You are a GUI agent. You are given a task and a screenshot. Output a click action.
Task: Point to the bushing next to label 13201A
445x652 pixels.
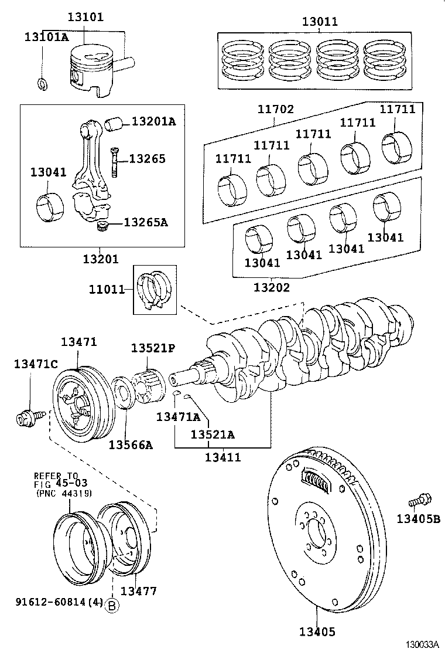pyautogui.click(x=114, y=124)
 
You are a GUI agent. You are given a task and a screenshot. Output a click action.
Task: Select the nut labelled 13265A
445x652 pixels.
pyautogui.click(x=104, y=226)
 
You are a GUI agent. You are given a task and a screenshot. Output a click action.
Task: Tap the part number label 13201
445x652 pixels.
pyautogui.click(x=100, y=259)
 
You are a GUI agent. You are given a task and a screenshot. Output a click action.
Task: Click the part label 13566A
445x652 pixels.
pyautogui.click(x=130, y=445)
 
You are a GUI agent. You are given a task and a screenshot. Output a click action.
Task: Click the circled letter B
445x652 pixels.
pyautogui.click(x=111, y=606)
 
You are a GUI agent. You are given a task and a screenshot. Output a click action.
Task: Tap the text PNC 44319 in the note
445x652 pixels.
pyautogui.click(x=64, y=494)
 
